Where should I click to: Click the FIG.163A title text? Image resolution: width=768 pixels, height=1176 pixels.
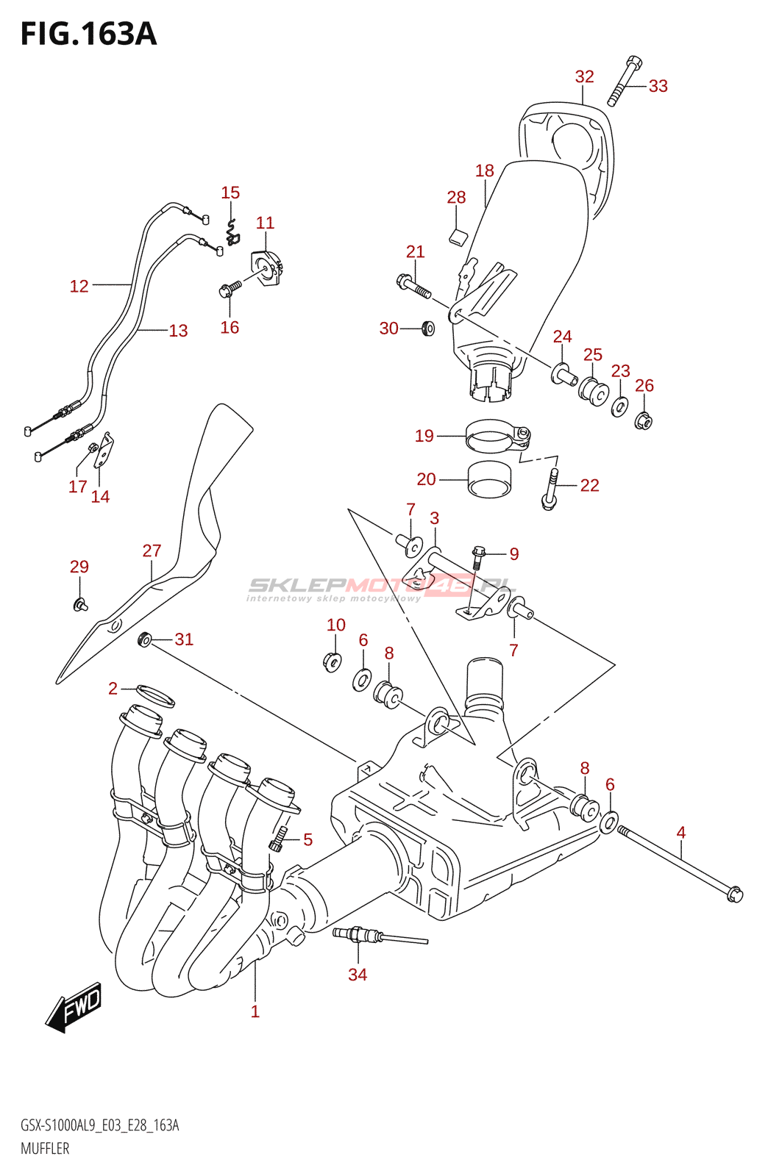point(88,34)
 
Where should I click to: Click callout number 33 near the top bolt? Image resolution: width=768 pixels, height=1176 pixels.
point(658,86)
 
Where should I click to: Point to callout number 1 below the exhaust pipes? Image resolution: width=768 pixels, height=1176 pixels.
point(255,1011)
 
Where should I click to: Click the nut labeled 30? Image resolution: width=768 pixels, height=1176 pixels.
point(427,328)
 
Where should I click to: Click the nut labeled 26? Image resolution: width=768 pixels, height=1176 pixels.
point(643,421)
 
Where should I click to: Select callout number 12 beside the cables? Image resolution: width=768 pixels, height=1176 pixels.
point(79,286)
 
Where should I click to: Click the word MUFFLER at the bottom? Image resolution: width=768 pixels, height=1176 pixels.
point(45,1148)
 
